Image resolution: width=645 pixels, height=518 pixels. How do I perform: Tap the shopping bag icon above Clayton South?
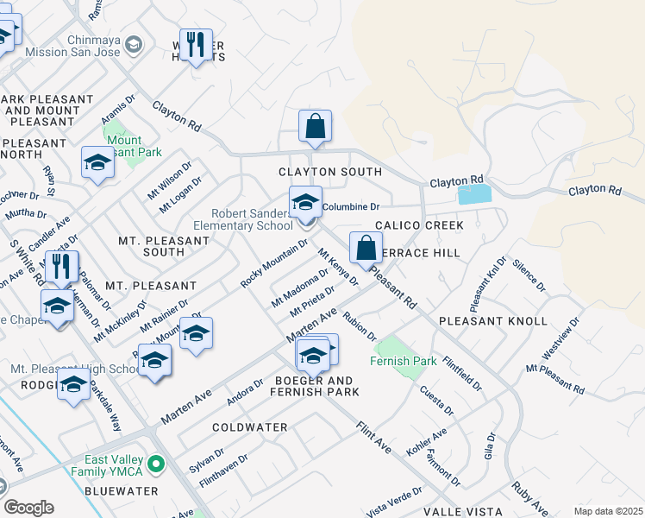click(316, 126)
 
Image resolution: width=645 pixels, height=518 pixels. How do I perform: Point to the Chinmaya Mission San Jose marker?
click(133, 44)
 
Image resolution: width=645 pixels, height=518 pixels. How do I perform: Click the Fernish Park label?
click(404, 361)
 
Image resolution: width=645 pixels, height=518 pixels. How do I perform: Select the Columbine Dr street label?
click(351, 207)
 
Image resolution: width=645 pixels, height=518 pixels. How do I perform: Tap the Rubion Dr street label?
click(360, 325)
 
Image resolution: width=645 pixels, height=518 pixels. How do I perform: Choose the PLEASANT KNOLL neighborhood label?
click(492, 321)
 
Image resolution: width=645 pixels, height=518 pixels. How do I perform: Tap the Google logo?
click(28, 508)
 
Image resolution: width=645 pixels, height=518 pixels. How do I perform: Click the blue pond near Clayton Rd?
click(473, 194)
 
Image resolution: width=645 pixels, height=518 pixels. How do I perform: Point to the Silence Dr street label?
click(529, 274)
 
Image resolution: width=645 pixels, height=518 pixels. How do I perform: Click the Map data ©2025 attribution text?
click(607, 511)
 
